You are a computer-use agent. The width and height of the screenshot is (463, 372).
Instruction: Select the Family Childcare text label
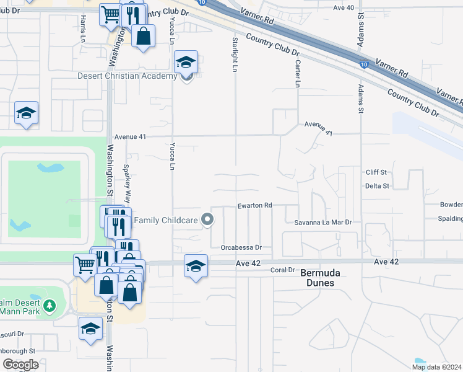click(x=166, y=219)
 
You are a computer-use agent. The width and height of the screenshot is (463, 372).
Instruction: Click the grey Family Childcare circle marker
click(x=208, y=219)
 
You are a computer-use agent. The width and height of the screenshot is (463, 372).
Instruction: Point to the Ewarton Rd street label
click(x=254, y=205)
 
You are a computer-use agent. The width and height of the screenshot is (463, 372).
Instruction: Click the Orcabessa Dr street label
click(x=241, y=247)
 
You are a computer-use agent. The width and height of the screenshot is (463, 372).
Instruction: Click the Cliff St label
click(x=376, y=172)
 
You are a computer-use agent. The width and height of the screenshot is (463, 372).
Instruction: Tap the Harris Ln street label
click(x=82, y=29)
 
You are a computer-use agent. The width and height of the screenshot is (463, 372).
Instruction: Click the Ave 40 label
click(x=344, y=7)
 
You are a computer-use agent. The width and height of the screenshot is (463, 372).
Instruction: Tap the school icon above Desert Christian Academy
click(x=186, y=62)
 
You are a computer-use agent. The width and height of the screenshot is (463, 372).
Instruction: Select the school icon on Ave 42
click(x=196, y=266)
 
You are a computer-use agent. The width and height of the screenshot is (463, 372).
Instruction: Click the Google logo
click(x=20, y=365)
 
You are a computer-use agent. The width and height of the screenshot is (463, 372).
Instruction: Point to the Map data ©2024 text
click(x=436, y=366)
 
